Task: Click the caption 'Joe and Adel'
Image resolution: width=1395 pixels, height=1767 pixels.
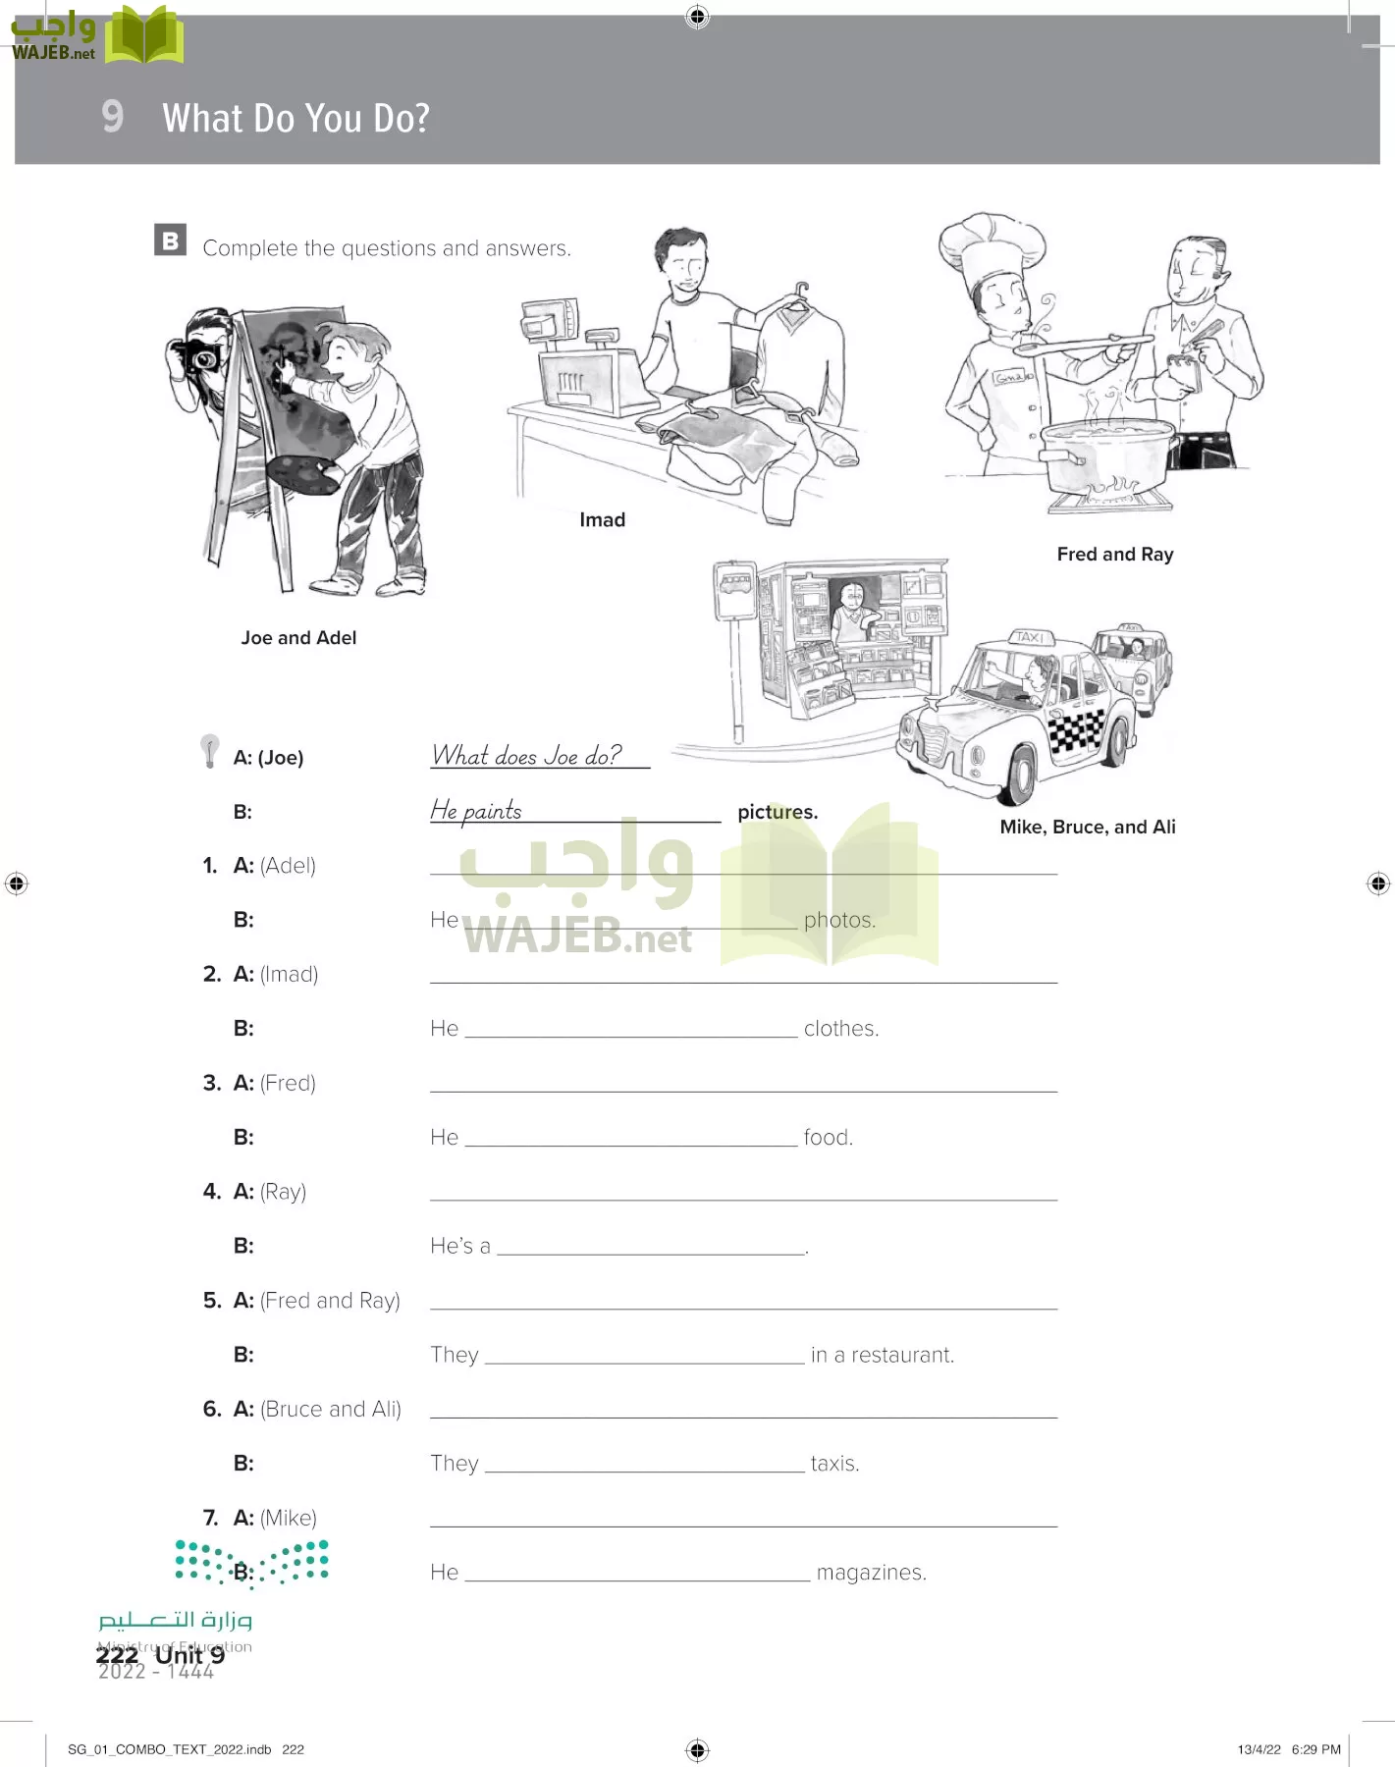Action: click(298, 638)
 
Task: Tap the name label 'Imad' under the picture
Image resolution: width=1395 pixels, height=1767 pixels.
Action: click(602, 520)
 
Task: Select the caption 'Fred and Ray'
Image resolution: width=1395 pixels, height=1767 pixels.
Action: click(1115, 555)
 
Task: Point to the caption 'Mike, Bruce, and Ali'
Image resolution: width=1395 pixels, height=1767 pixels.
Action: click(1087, 827)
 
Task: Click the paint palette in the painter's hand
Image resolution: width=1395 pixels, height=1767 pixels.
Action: click(302, 474)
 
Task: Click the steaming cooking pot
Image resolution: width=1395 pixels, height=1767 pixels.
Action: click(1107, 455)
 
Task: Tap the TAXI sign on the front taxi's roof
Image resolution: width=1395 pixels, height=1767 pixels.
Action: click(1029, 637)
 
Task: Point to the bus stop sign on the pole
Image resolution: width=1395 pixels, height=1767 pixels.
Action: click(734, 591)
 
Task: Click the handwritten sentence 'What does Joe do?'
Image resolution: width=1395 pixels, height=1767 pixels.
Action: click(527, 756)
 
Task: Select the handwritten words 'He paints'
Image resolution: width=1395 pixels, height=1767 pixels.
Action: click(476, 811)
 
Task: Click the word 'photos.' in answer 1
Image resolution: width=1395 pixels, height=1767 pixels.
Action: click(839, 921)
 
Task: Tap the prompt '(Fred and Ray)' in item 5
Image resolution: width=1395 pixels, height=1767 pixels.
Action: click(330, 1301)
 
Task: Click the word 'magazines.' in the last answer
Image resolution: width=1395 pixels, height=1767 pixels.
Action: click(871, 1573)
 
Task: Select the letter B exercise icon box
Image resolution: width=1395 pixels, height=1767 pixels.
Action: click(170, 241)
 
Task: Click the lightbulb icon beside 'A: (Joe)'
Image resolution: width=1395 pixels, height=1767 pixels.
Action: click(209, 750)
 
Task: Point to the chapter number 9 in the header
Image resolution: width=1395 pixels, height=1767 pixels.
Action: click(113, 117)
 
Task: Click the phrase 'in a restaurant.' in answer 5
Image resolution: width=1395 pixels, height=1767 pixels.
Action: click(882, 1356)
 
